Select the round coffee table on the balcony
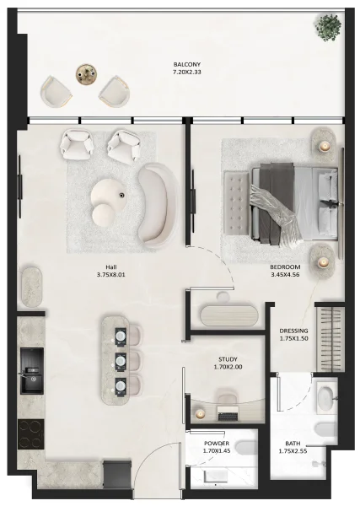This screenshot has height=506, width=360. tap(86, 73)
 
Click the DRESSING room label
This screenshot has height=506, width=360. tap(293, 331)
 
